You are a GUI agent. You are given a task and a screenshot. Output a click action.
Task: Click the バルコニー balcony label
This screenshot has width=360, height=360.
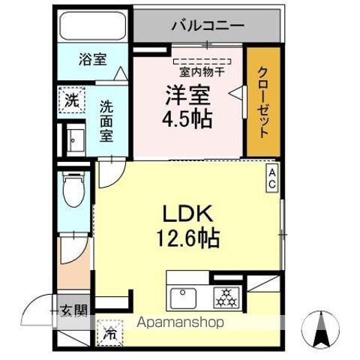click(x=207, y=25)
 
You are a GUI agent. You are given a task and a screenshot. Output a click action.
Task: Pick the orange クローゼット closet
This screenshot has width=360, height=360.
click(x=263, y=103)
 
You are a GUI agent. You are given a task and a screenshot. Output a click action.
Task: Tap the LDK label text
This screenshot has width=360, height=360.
click(x=187, y=214)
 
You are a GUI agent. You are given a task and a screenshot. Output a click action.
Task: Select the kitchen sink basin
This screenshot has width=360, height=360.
click(x=181, y=297)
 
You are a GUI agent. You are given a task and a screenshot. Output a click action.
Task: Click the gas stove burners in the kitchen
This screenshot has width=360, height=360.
click(x=224, y=297)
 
